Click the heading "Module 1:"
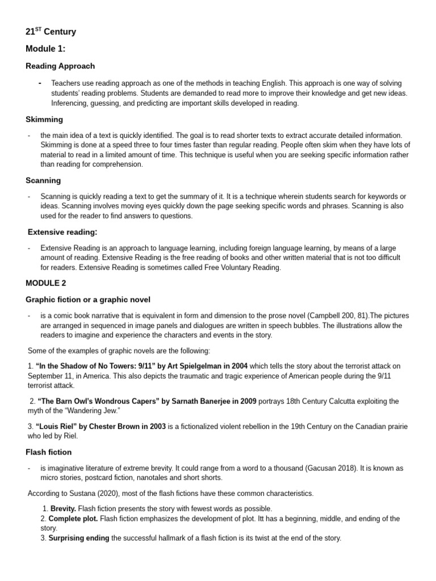tap(45, 49)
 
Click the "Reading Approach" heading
tap(60, 66)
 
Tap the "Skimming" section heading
tap(44, 120)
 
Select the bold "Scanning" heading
tap(43, 180)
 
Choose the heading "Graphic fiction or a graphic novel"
tap(88, 299)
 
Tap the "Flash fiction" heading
tap(48, 452)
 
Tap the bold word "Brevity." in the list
tap(63, 509)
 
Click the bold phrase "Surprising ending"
tap(78, 538)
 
